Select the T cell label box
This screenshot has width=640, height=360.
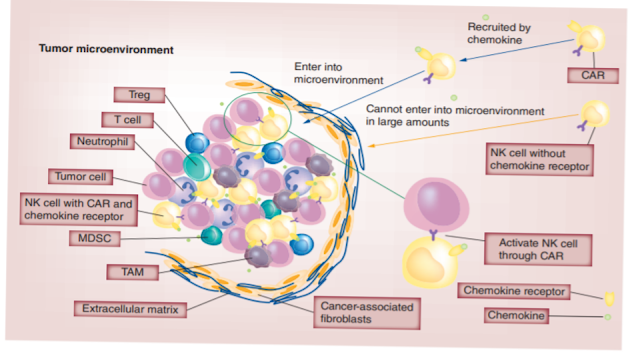125,119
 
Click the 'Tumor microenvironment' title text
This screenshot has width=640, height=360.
106,48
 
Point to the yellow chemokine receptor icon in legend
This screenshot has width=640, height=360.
610,297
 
